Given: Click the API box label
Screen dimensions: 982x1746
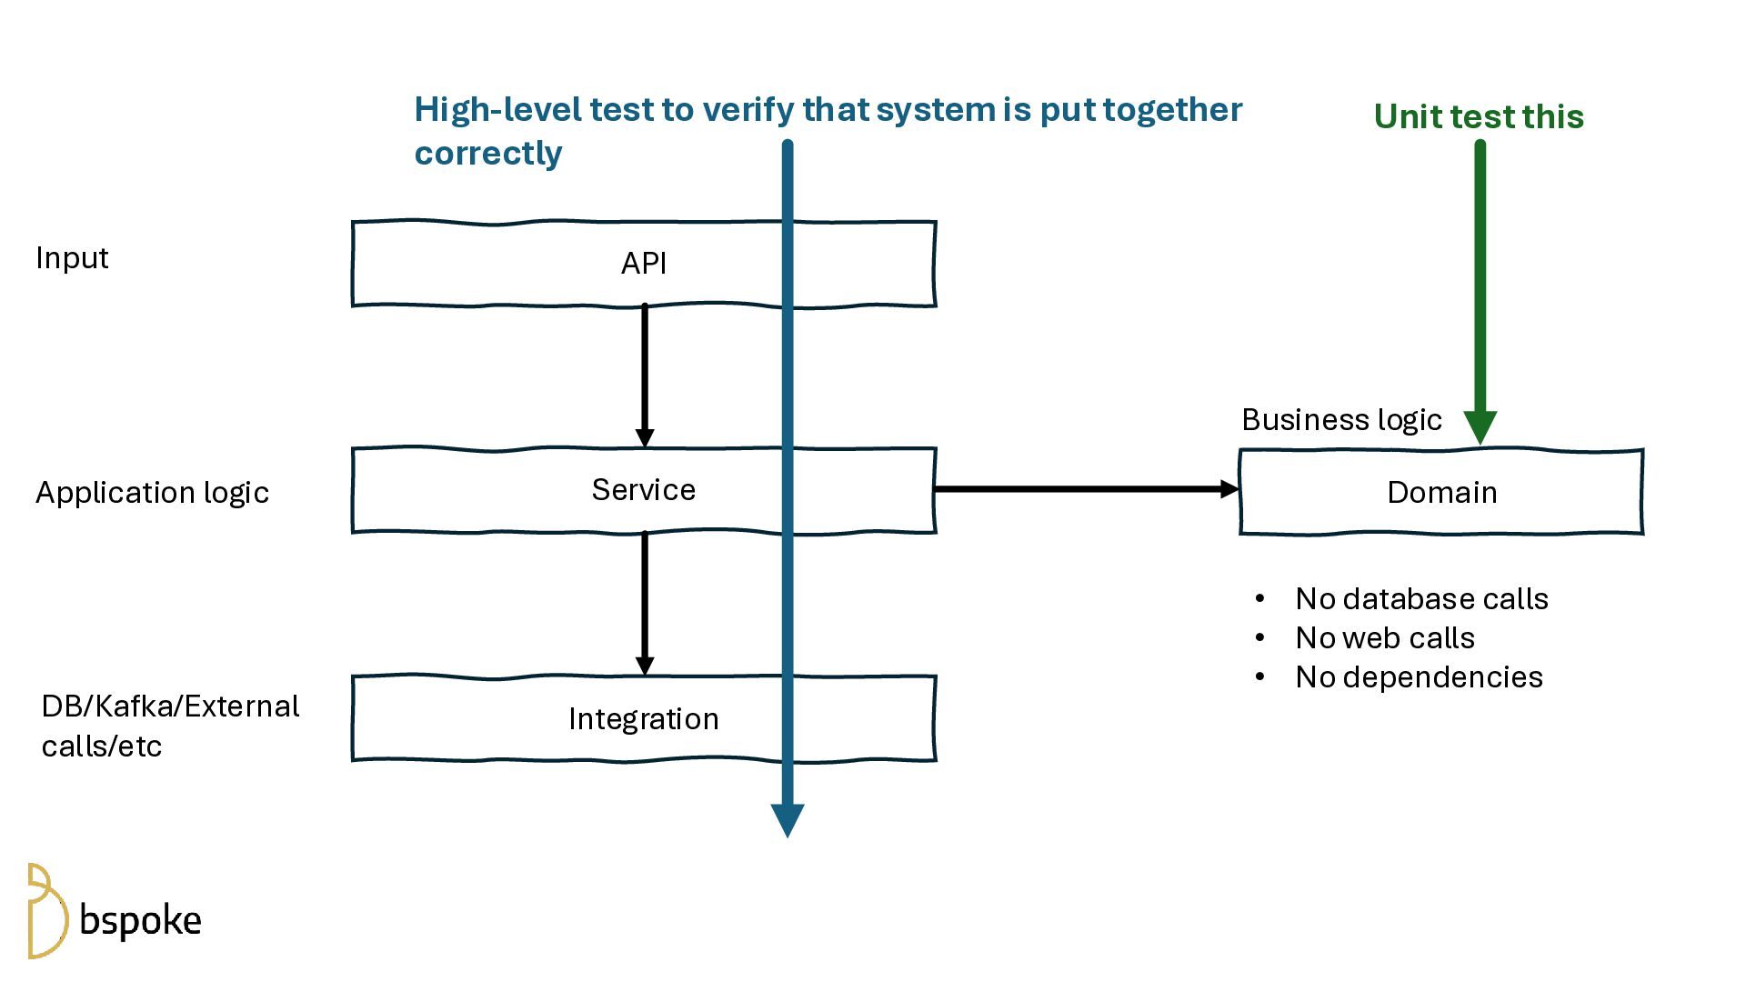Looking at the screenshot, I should (x=644, y=264).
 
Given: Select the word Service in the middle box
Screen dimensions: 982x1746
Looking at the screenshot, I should (x=644, y=490).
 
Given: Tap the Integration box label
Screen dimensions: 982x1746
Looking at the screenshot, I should (x=644, y=719).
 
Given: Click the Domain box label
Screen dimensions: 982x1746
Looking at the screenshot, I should (x=1441, y=493).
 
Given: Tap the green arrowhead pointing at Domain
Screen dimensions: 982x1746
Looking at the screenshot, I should (x=1480, y=426).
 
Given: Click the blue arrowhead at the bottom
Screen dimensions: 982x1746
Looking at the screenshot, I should (x=788, y=819).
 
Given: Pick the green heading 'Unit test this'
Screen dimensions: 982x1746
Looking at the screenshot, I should (x=1479, y=117).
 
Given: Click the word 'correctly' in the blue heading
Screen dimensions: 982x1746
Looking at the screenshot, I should (x=488, y=154).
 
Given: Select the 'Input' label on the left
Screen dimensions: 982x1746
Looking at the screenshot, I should (x=72, y=258).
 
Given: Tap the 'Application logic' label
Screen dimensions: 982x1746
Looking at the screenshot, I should (x=152, y=493).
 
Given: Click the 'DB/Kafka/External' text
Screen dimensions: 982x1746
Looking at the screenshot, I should (x=170, y=706).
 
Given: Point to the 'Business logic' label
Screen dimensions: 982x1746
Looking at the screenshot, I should (x=1341, y=420).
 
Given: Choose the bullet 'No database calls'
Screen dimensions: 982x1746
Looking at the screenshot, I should (x=1421, y=599).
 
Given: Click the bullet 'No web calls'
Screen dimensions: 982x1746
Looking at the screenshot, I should (x=1384, y=638).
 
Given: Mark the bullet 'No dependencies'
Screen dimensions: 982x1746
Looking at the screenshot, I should (x=1419, y=677).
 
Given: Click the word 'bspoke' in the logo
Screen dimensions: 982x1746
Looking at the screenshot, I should (x=141, y=921).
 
